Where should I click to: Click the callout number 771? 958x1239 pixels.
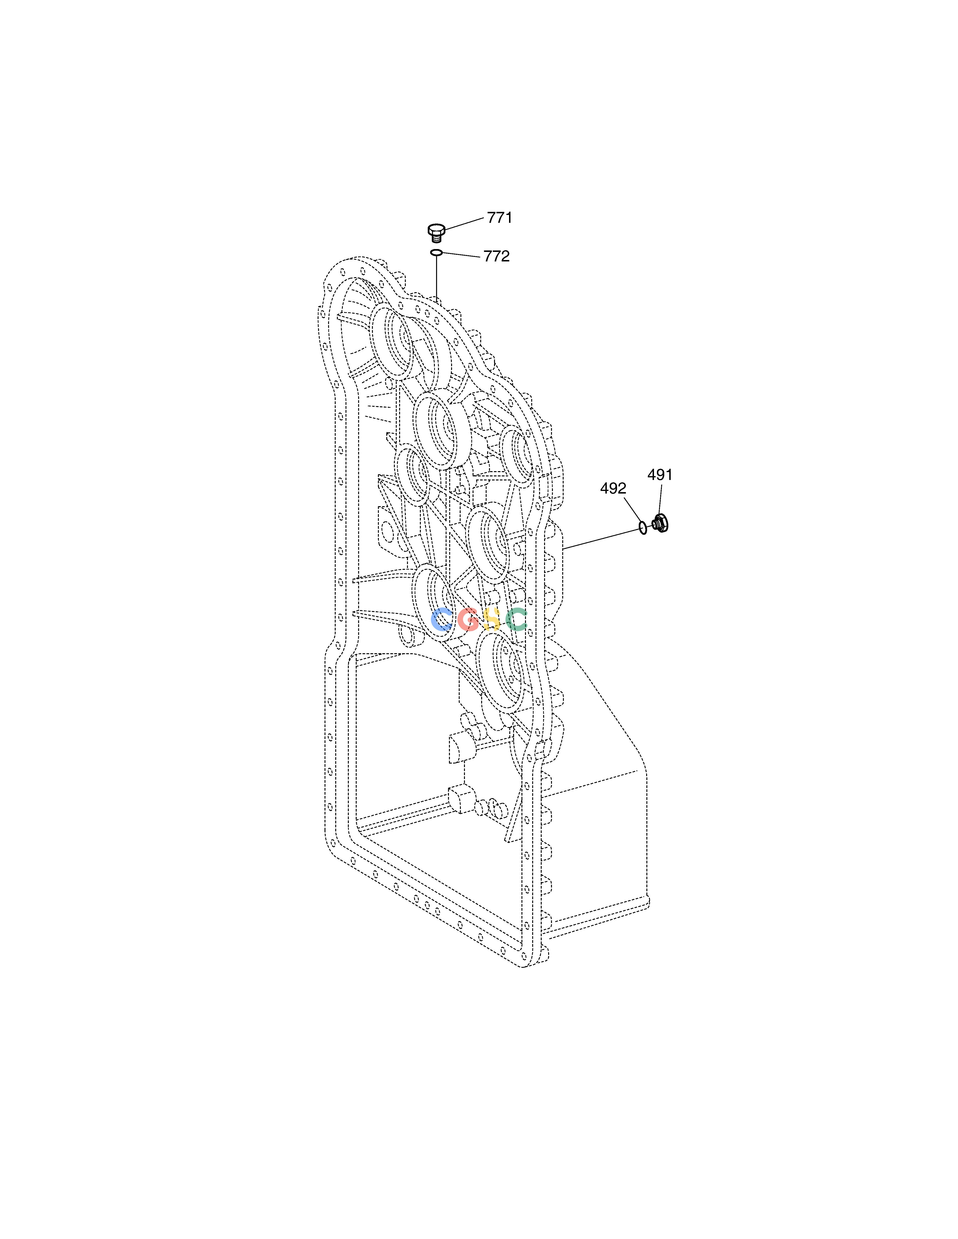(x=500, y=218)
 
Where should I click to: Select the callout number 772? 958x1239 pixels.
(x=497, y=256)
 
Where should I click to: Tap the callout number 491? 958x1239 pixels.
(x=660, y=475)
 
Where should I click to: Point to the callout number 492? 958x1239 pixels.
(x=613, y=488)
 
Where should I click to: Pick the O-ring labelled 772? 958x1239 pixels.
(x=436, y=252)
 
